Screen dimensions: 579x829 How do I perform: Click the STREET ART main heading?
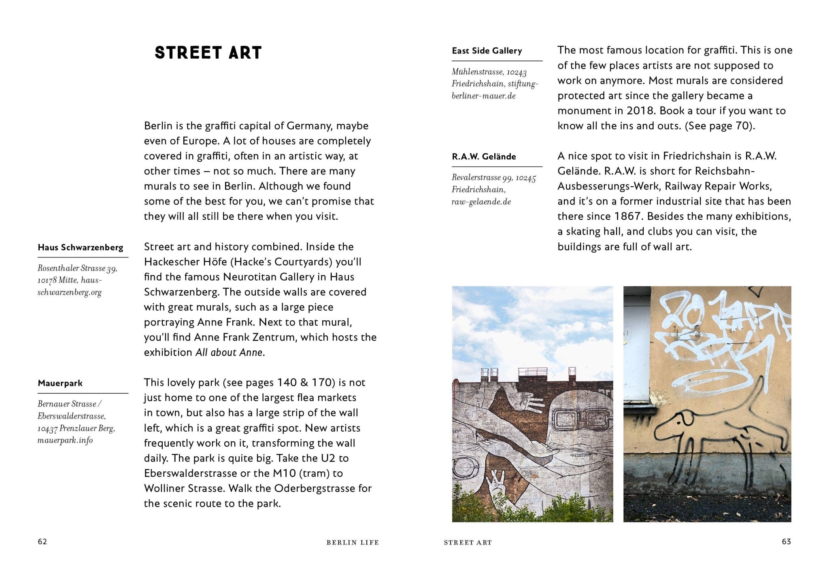click(x=208, y=53)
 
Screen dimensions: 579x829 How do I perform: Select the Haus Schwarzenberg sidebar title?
click(x=81, y=247)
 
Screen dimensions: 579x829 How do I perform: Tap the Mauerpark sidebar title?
click(x=60, y=383)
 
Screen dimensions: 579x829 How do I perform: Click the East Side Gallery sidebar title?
click(x=487, y=51)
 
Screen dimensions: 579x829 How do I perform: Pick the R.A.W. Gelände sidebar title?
click(x=484, y=156)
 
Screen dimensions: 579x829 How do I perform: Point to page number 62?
click(x=43, y=542)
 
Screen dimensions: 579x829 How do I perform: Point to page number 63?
click(x=786, y=542)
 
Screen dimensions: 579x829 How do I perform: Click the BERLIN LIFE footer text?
click(x=353, y=543)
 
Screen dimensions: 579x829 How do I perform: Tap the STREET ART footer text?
click(x=468, y=543)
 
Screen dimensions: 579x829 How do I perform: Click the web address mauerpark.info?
click(x=65, y=440)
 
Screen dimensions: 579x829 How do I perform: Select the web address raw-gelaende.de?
click(x=481, y=202)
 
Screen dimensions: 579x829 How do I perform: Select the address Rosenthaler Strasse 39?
click(x=77, y=268)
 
